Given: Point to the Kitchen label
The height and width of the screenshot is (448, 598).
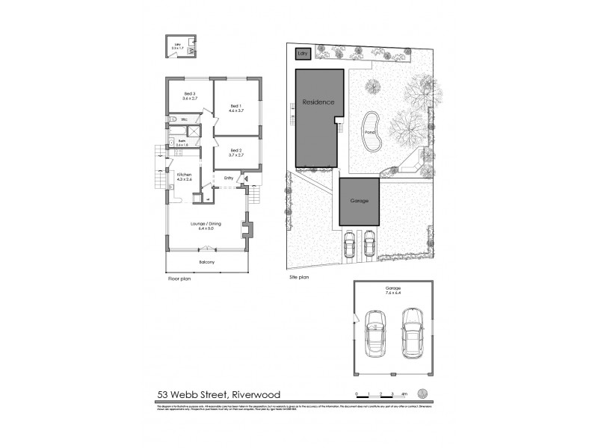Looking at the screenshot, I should (184, 177).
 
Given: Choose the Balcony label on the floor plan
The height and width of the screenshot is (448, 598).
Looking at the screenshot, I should (207, 262).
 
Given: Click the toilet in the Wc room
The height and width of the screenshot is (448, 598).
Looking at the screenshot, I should (171, 119).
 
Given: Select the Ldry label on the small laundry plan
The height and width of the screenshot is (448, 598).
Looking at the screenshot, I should (178, 46).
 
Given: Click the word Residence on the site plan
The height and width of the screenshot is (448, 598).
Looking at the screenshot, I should (318, 102).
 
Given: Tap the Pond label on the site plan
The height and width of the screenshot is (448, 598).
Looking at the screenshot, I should (370, 134).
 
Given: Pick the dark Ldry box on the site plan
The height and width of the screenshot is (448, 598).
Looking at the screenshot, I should (303, 55).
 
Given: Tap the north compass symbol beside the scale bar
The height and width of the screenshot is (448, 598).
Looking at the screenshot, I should (423, 394).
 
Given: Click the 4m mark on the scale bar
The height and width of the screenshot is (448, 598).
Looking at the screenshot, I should (404, 393).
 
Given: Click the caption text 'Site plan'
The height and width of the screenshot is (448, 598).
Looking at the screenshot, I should (299, 277).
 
